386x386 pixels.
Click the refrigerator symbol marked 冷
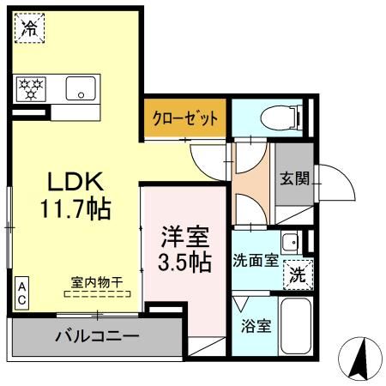click(x=30, y=27)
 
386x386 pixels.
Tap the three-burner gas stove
click(x=31, y=89)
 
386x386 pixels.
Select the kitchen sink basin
click(x=81, y=88)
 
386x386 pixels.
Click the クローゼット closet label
click(x=185, y=118)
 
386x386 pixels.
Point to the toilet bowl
click(x=280, y=118)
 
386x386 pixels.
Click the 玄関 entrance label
click(x=294, y=178)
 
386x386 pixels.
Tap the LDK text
click(x=75, y=181)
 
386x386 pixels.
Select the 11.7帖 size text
click(x=75, y=208)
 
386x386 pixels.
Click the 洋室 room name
click(x=185, y=237)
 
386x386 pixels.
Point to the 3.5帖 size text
click(x=185, y=262)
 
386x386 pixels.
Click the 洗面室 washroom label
click(x=256, y=260)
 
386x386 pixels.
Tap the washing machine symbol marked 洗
click(x=298, y=274)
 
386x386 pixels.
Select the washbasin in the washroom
click(x=291, y=243)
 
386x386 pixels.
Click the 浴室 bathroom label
click(x=256, y=326)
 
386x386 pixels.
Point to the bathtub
click(x=296, y=326)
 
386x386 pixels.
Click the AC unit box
click(x=21, y=293)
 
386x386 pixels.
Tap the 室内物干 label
click(x=97, y=282)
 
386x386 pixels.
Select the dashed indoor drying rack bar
click(x=97, y=294)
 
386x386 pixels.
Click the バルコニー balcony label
click(x=97, y=336)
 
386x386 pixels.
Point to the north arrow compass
click(x=360, y=359)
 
